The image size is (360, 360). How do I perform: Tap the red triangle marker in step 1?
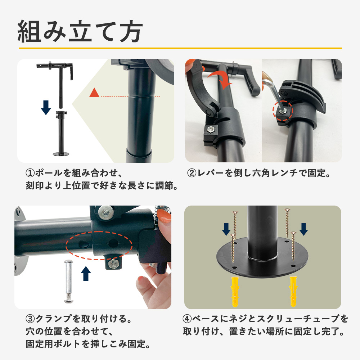point(94,93)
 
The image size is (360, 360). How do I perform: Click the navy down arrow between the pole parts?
point(46,107)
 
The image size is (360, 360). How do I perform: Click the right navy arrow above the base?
point(303,229)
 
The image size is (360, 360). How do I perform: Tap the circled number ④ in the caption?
point(188,319)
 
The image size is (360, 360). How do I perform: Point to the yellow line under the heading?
point(180,48)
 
